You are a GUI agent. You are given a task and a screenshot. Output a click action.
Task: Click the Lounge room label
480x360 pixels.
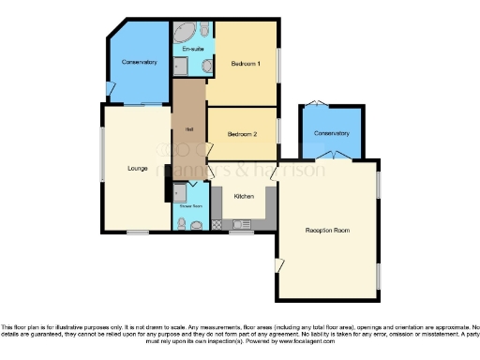click(x=137, y=168)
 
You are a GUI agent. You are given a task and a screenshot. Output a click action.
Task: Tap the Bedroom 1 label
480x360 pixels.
click(x=245, y=63)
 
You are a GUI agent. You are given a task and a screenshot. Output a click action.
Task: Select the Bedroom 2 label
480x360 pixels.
click(x=242, y=134)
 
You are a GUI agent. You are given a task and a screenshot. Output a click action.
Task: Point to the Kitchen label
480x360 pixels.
click(x=244, y=196)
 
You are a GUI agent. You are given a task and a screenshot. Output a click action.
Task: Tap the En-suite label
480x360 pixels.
click(x=194, y=48)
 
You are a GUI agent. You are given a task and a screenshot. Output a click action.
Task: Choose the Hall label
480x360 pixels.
click(x=188, y=129)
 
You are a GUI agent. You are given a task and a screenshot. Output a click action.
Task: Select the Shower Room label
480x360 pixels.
click(x=191, y=208)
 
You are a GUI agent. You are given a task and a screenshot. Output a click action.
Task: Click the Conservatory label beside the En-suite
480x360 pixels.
click(x=139, y=62)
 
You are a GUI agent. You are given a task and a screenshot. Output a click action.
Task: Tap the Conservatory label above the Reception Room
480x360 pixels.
click(x=331, y=132)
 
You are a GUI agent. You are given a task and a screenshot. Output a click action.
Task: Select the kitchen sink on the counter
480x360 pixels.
click(x=241, y=224)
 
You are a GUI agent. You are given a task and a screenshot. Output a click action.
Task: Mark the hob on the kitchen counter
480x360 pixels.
click(x=218, y=224)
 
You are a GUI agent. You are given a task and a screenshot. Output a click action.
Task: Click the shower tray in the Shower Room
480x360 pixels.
click(x=180, y=192)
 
